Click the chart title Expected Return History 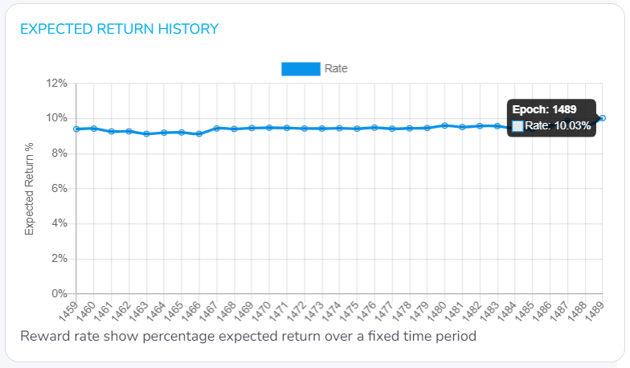[x=119, y=29]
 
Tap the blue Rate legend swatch [x=301, y=69]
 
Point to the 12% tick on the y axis [x=56, y=83]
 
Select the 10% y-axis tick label [x=56, y=118]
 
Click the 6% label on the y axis [x=59, y=188]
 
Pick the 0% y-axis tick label [x=59, y=293]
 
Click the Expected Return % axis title [x=30, y=189]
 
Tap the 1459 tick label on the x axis [x=69, y=310]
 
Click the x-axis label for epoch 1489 [x=596, y=310]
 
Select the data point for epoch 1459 [x=76, y=129]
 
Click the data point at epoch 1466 [x=199, y=133]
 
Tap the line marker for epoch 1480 [x=445, y=125]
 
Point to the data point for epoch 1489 [x=603, y=118]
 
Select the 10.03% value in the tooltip [x=572, y=125]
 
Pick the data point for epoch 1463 [x=146, y=133]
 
